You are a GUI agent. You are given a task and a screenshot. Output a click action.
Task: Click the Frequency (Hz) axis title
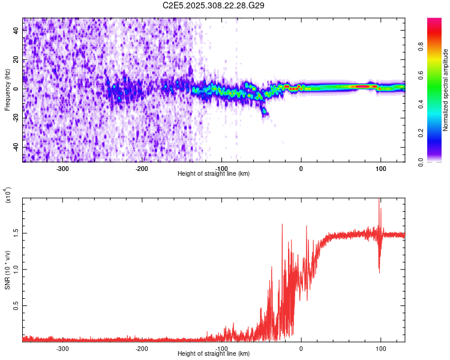[x=8, y=89]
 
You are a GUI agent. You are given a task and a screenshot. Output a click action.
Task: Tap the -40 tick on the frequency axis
[x=16, y=147]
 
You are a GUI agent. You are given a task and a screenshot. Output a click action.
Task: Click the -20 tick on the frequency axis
[x=16, y=118]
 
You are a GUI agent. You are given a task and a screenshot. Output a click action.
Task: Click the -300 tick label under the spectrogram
[x=63, y=169]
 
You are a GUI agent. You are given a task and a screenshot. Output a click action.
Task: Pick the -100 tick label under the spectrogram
[x=221, y=169]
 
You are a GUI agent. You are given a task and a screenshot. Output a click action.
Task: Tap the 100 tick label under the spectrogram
[x=380, y=169]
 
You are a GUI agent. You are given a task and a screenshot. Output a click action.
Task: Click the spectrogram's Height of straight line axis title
[x=214, y=174]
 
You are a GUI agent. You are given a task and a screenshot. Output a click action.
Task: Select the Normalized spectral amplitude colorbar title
[x=446, y=90]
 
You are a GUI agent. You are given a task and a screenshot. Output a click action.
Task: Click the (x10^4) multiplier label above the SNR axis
[x=8, y=195]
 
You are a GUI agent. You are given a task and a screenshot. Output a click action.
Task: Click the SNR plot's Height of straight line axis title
[x=214, y=354]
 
